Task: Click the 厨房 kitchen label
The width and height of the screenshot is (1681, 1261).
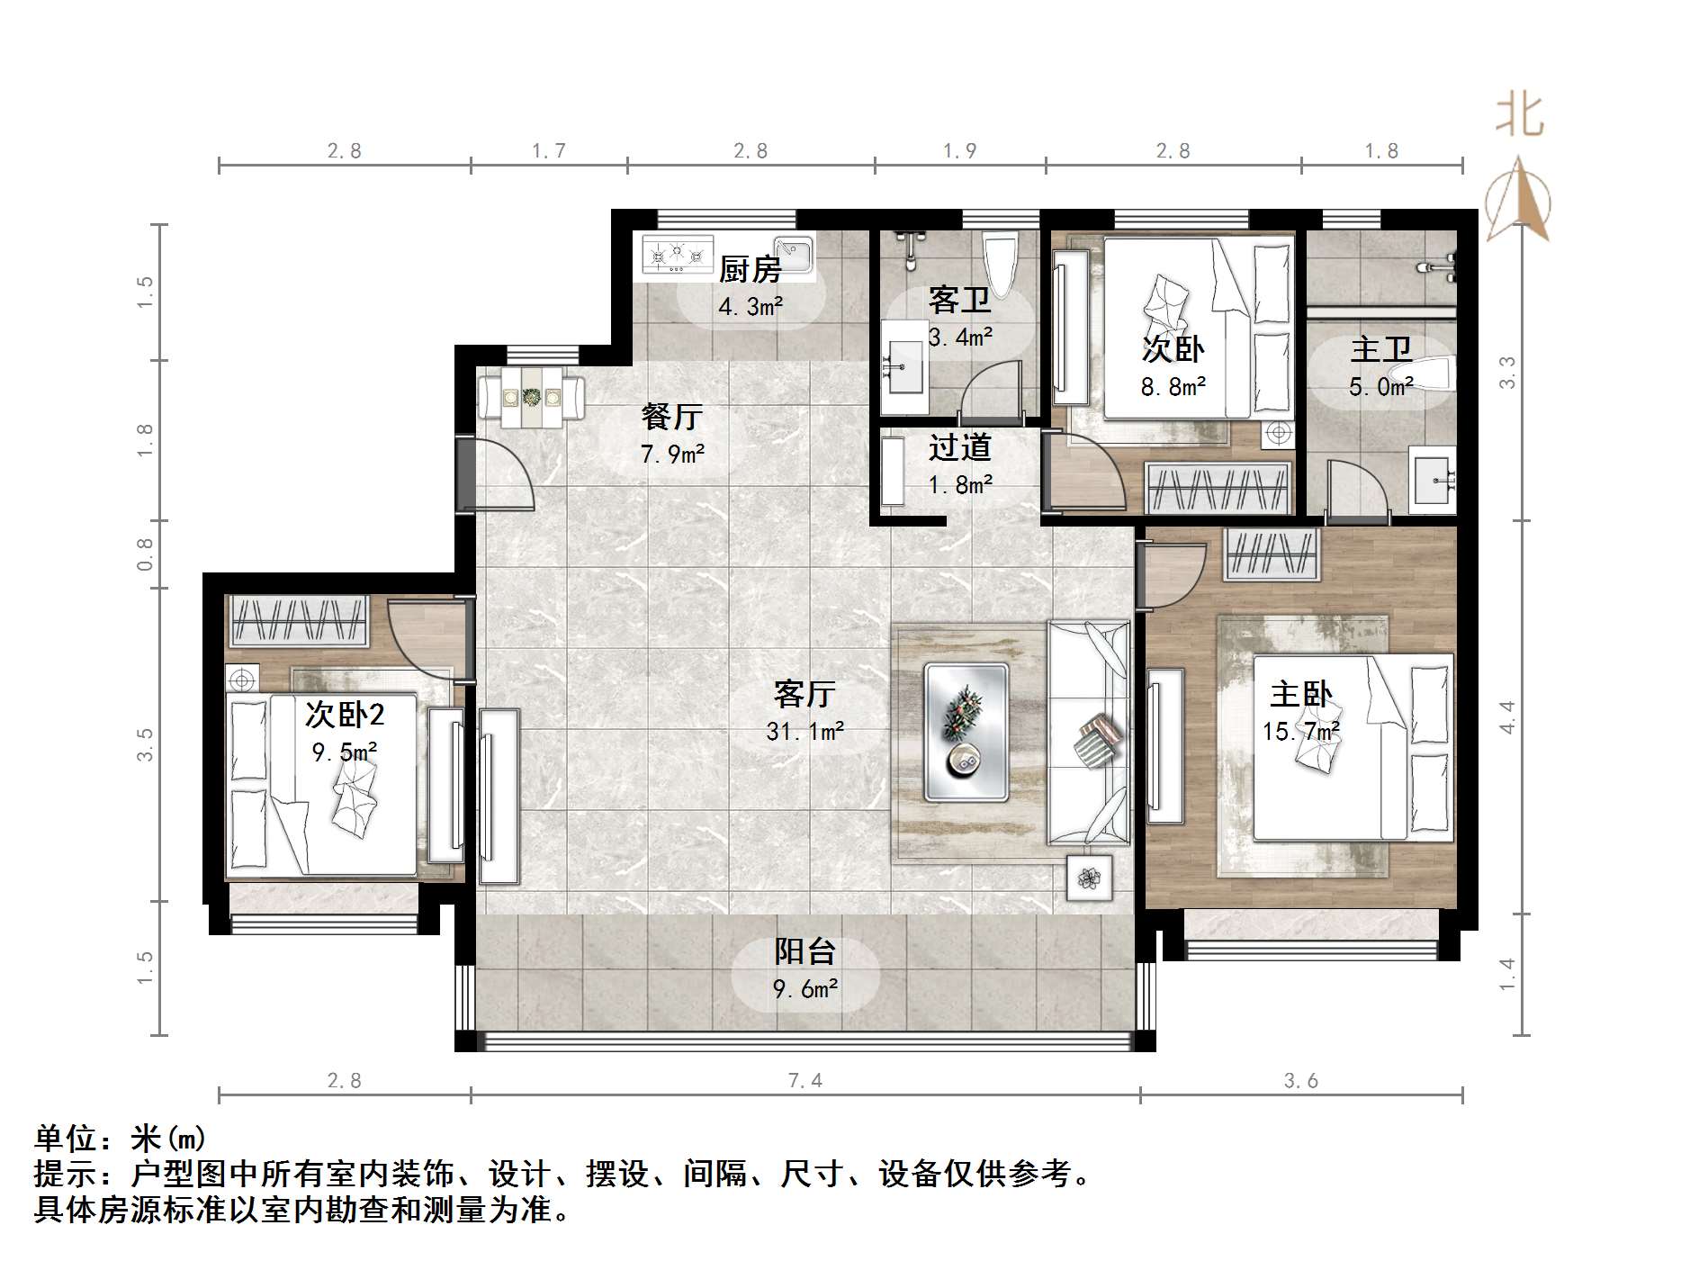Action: click(x=750, y=268)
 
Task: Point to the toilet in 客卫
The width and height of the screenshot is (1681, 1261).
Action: click(x=1000, y=261)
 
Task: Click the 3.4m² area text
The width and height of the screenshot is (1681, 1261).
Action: click(x=960, y=338)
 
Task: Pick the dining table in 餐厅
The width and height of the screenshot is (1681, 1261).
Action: click(x=531, y=396)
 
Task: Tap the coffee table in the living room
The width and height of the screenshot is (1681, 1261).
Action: click(x=966, y=732)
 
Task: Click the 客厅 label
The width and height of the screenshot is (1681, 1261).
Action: click(x=805, y=694)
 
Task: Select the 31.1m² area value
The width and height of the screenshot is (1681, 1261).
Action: click(x=805, y=732)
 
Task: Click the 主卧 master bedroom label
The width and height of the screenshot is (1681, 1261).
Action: click(x=1300, y=695)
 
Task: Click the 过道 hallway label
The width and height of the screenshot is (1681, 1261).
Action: click(x=959, y=447)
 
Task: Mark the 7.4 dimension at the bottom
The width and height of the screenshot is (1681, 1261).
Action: click(x=805, y=1080)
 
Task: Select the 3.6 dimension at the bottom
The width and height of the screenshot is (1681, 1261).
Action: click(x=1300, y=1080)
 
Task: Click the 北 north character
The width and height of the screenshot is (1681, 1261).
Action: click(x=1520, y=116)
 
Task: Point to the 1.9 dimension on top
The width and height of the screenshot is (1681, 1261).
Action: click(x=959, y=150)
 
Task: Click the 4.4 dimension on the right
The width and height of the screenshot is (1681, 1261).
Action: click(x=1507, y=716)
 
